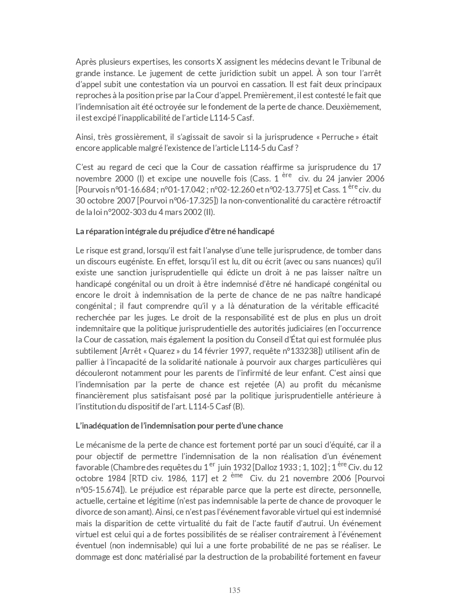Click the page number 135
(234, 590)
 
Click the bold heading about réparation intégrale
(175, 231)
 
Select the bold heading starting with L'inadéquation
(179, 426)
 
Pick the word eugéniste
(136, 261)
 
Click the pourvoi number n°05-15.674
(98, 490)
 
